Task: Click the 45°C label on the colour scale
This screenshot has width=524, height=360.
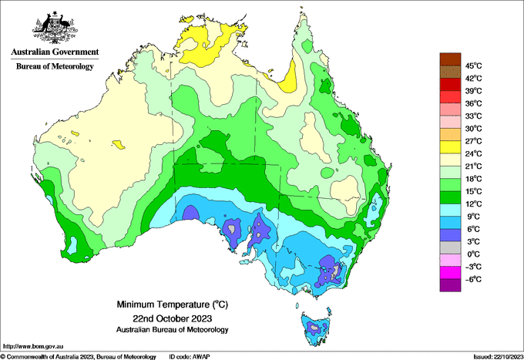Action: (x=473, y=66)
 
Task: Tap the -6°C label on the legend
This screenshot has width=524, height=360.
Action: (x=473, y=279)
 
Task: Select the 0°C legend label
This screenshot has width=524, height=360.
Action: (x=473, y=254)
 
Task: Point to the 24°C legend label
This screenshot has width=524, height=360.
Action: (x=473, y=153)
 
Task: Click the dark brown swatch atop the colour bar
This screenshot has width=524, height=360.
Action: (x=450, y=59)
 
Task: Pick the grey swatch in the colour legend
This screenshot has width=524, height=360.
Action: (x=450, y=247)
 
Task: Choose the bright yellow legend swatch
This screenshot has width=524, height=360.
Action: (x=450, y=147)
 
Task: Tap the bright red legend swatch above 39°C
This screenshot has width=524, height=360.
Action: (x=450, y=84)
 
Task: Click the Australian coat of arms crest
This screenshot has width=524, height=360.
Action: (x=55, y=28)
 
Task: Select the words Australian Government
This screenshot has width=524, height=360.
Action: (x=55, y=52)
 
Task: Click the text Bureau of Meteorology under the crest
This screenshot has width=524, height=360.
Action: (x=55, y=66)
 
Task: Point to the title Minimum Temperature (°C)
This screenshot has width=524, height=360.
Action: (x=173, y=304)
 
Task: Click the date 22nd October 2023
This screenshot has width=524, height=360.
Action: (x=173, y=318)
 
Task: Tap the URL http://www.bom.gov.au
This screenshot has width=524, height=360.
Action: (x=32, y=346)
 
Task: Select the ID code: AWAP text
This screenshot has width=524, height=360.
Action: (x=190, y=357)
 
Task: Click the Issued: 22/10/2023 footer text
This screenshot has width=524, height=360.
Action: (x=498, y=357)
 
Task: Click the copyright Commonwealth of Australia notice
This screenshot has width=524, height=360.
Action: (x=79, y=357)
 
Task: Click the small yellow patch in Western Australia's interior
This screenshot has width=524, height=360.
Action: (x=119, y=144)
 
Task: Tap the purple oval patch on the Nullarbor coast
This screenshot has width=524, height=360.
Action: (x=191, y=213)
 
